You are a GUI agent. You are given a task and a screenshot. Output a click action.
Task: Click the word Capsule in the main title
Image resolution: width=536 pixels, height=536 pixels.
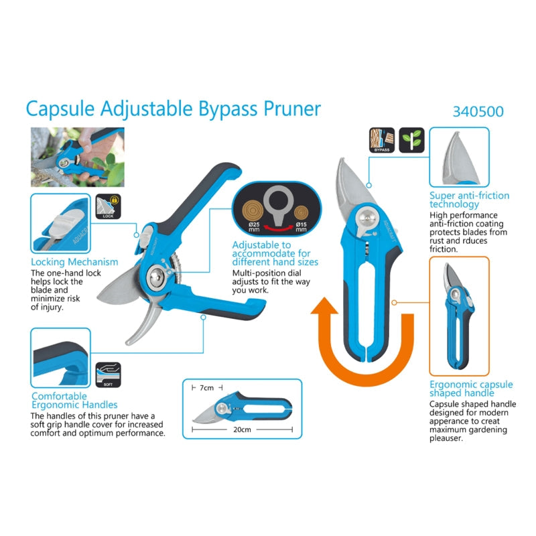click(61, 109)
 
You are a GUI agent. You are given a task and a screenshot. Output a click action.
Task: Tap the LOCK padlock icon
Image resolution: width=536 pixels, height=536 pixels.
click(106, 206)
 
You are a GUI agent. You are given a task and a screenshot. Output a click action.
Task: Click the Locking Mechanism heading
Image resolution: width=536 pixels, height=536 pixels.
click(74, 262)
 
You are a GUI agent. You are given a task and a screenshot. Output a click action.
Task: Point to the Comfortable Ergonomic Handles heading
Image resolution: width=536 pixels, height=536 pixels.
click(74, 400)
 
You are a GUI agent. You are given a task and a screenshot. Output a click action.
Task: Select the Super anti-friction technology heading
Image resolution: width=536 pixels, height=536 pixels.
click(469, 200)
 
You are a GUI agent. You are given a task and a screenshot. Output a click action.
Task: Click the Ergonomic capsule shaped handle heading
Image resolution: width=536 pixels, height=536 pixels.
click(471, 389)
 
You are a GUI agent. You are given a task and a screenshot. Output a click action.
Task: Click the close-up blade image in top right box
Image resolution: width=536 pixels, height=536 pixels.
click(458, 159)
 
